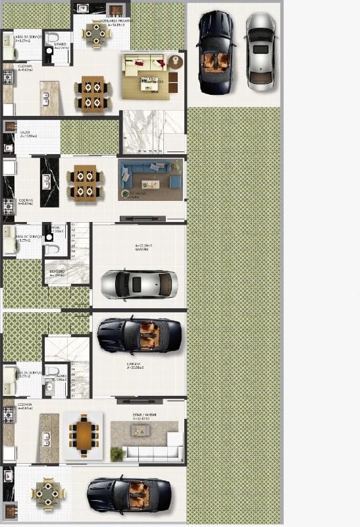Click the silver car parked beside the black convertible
tap(261, 51)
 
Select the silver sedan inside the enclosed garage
tap(139, 285)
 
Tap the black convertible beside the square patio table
tap(129, 494)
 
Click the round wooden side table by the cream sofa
tap(175, 63)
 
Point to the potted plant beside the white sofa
tap(117, 453)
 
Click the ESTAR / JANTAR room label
tap(144, 416)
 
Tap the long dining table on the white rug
tap(85, 435)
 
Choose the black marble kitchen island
tap(49, 181)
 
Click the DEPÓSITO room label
tap(57, 272)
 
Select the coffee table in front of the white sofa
tap(140, 430)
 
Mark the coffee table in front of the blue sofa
tap(150, 184)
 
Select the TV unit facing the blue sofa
tap(142, 218)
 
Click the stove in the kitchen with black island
tap(8, 206)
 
